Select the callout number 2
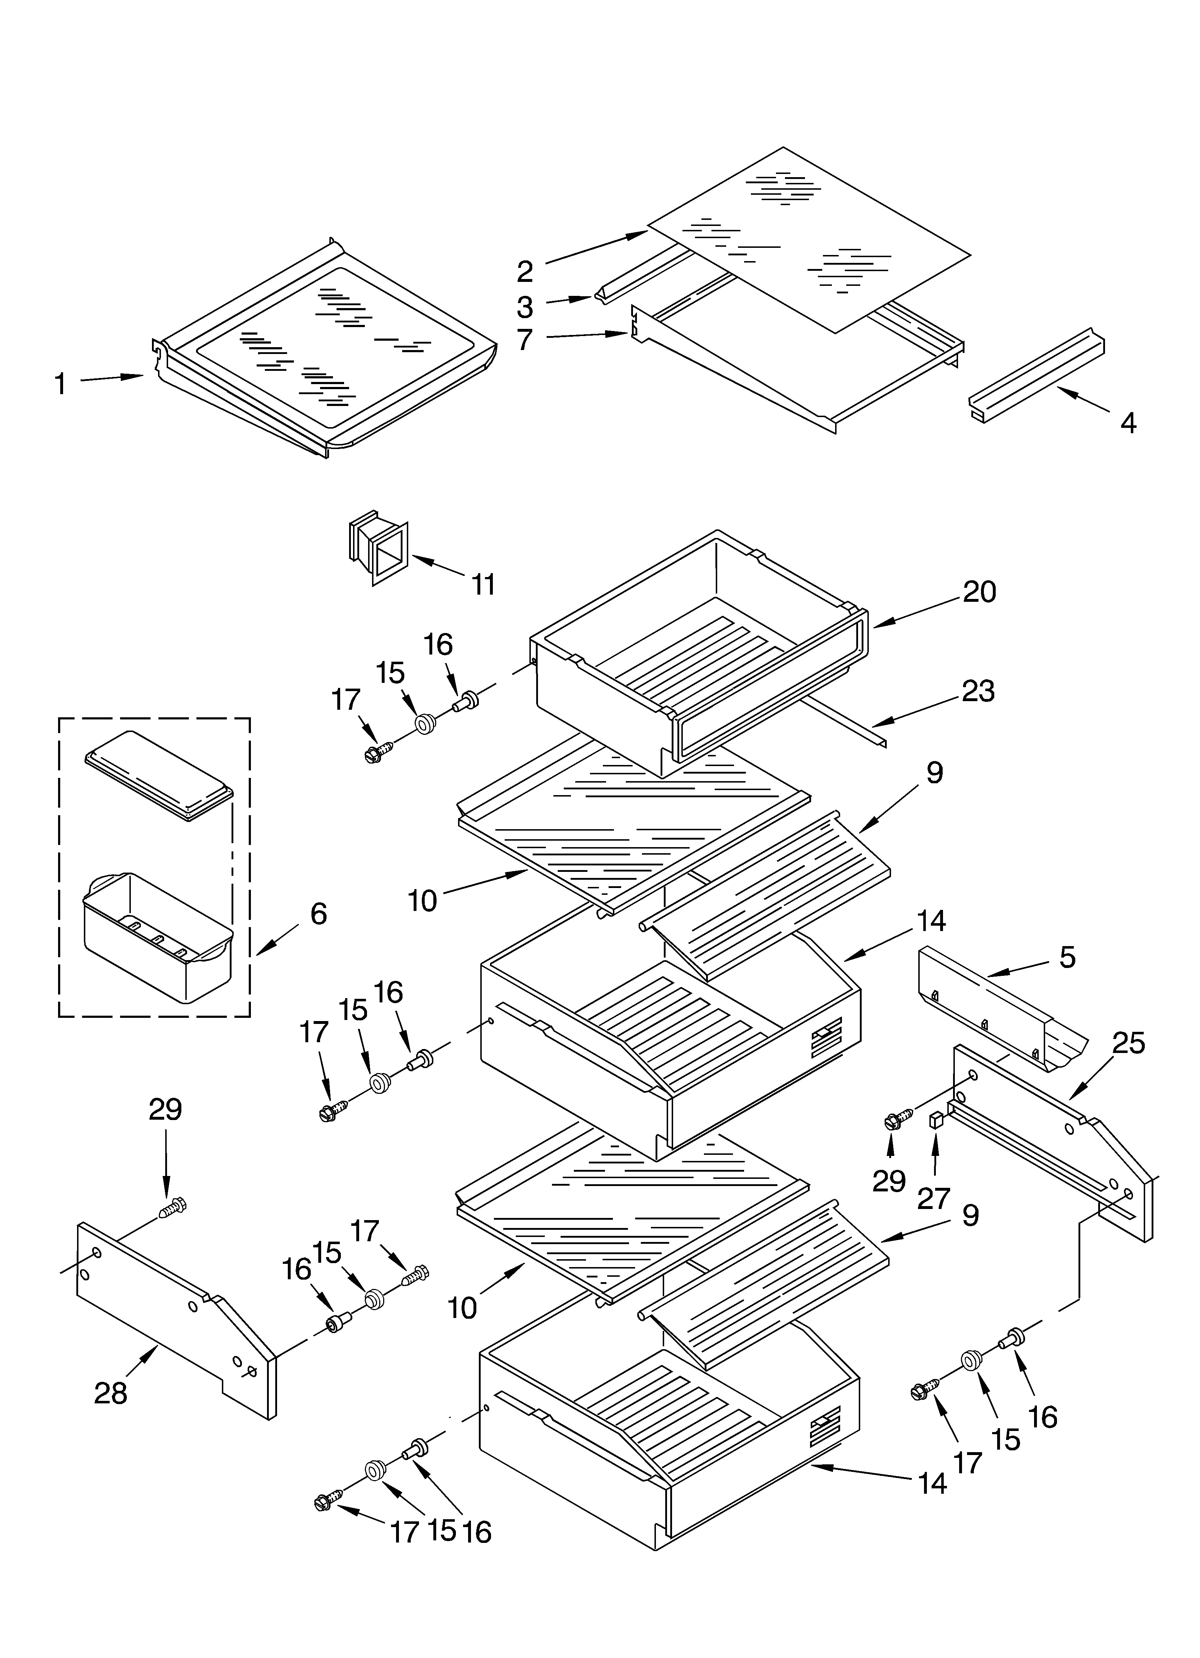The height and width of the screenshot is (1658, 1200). point(525,271)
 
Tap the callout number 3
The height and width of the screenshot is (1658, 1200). point(525,307)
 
